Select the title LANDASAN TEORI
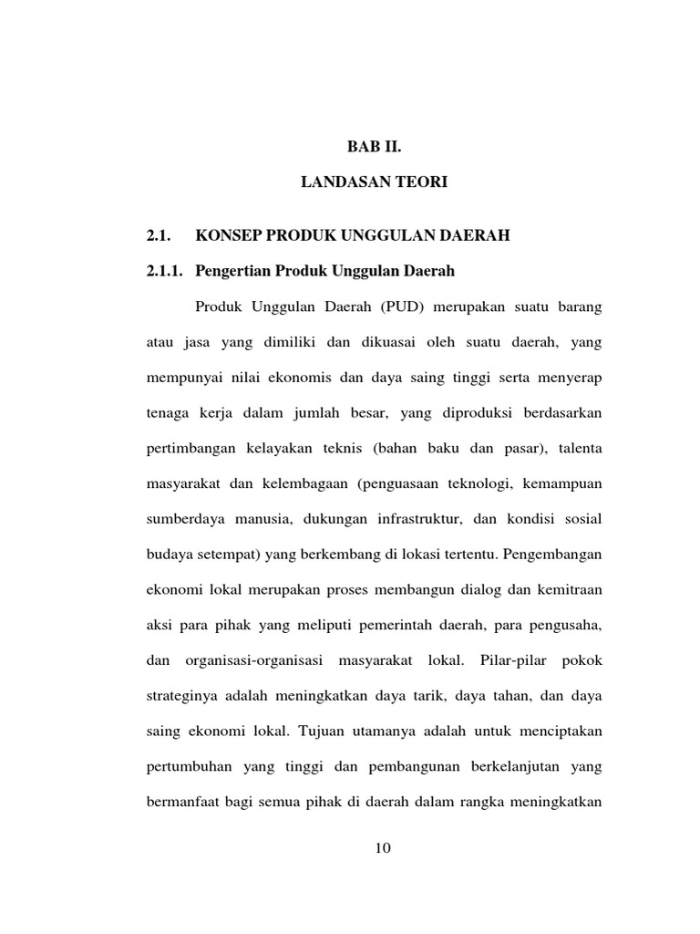pyautogui.click(x=374, y=182)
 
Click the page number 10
pyautogui.click(x=383, y=849)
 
